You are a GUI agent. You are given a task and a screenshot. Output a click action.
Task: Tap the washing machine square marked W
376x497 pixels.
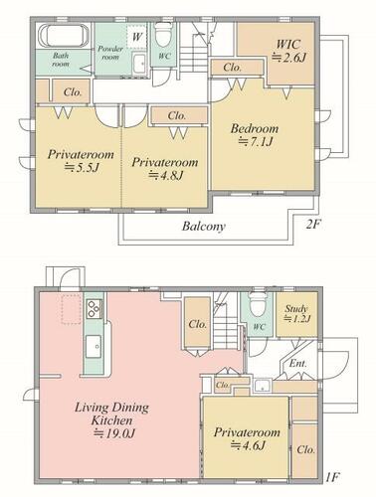pyautogui.click(x=136, y=36)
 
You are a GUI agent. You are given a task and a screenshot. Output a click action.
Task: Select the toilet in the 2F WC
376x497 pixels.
pyautogui.click(x=163, y=34)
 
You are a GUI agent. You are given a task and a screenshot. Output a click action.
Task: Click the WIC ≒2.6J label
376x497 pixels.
pyautogui.click(x=288, y=51)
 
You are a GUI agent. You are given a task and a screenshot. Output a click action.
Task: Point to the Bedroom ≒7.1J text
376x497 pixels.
pyautogui.click(x=255, y=135)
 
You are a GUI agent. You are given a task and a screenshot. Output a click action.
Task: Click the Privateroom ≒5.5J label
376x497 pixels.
pyautogui.click(x=81, y=161)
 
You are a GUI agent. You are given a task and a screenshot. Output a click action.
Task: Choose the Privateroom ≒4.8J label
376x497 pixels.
pyautogui.click(x=165, y=168)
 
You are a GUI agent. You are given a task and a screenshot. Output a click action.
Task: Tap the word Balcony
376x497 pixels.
pyautogui.click(x=204, y=227)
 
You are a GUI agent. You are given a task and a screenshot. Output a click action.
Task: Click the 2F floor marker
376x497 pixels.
pyautogui.click(x=313, y=225)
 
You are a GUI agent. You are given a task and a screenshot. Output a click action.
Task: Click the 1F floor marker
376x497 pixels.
pyautogui.click(x=331, y=477)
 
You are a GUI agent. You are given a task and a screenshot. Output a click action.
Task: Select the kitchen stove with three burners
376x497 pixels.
pyautogui.click(x=94, y=309)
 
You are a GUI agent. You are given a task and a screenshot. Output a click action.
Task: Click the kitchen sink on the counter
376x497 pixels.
pyautogui.click(x=94, y=347)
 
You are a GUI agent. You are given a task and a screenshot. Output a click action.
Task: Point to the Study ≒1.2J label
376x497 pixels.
pyautogui.click(x=297, y=314)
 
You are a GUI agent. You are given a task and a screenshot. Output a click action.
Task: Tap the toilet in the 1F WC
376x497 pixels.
pyautogui.click(x=258, y=305)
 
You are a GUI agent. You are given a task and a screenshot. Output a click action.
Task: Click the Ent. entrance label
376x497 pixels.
pyautogui.click(x=298, y=364)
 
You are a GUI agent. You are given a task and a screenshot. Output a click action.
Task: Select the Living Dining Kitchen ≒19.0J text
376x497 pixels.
pyautogui.click(x=111, y=420)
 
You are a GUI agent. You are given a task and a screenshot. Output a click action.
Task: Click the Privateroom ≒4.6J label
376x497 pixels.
pyautogui.click(x=247, y=438)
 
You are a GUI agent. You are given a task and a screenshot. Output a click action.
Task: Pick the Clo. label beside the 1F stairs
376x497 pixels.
pyautogui.click(x=198, y=324)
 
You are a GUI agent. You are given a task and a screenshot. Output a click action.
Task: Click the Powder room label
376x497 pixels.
pyautogui.click(x=110, y=53)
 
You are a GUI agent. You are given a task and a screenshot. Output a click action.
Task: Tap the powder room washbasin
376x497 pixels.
pyautogui.click(x=139, y=64)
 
